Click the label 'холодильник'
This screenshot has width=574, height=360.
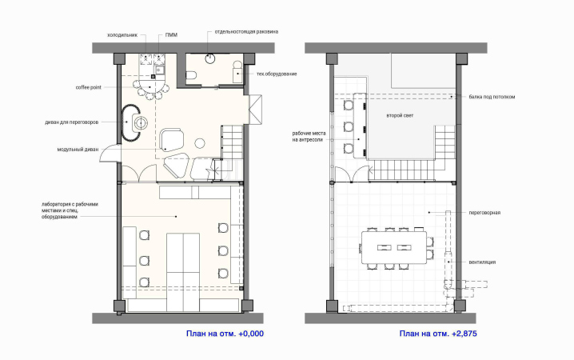[122, 35]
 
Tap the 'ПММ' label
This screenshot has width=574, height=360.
[171, 35]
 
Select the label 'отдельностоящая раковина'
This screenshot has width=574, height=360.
[246, 32]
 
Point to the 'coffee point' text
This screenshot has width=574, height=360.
[88, 87]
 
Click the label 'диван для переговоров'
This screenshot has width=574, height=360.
[72, 122]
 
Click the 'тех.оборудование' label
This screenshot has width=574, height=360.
[277, 74]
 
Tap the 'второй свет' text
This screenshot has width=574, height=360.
[400, 115]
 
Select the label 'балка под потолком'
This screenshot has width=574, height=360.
[492, 97]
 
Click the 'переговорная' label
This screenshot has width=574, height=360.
[484, 213]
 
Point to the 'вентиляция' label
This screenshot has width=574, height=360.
[482, 262]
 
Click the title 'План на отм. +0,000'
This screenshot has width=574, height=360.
[225, 334]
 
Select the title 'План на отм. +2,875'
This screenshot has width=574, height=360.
[438, 334]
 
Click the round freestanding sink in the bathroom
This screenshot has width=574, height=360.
[209, 58]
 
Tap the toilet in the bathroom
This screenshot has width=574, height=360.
[191, 76]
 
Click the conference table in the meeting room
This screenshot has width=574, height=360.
[394, 247]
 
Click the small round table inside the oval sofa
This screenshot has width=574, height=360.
[140, 122]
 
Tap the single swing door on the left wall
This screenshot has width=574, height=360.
[110, 153]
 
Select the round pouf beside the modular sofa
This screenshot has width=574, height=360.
[200, 143]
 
